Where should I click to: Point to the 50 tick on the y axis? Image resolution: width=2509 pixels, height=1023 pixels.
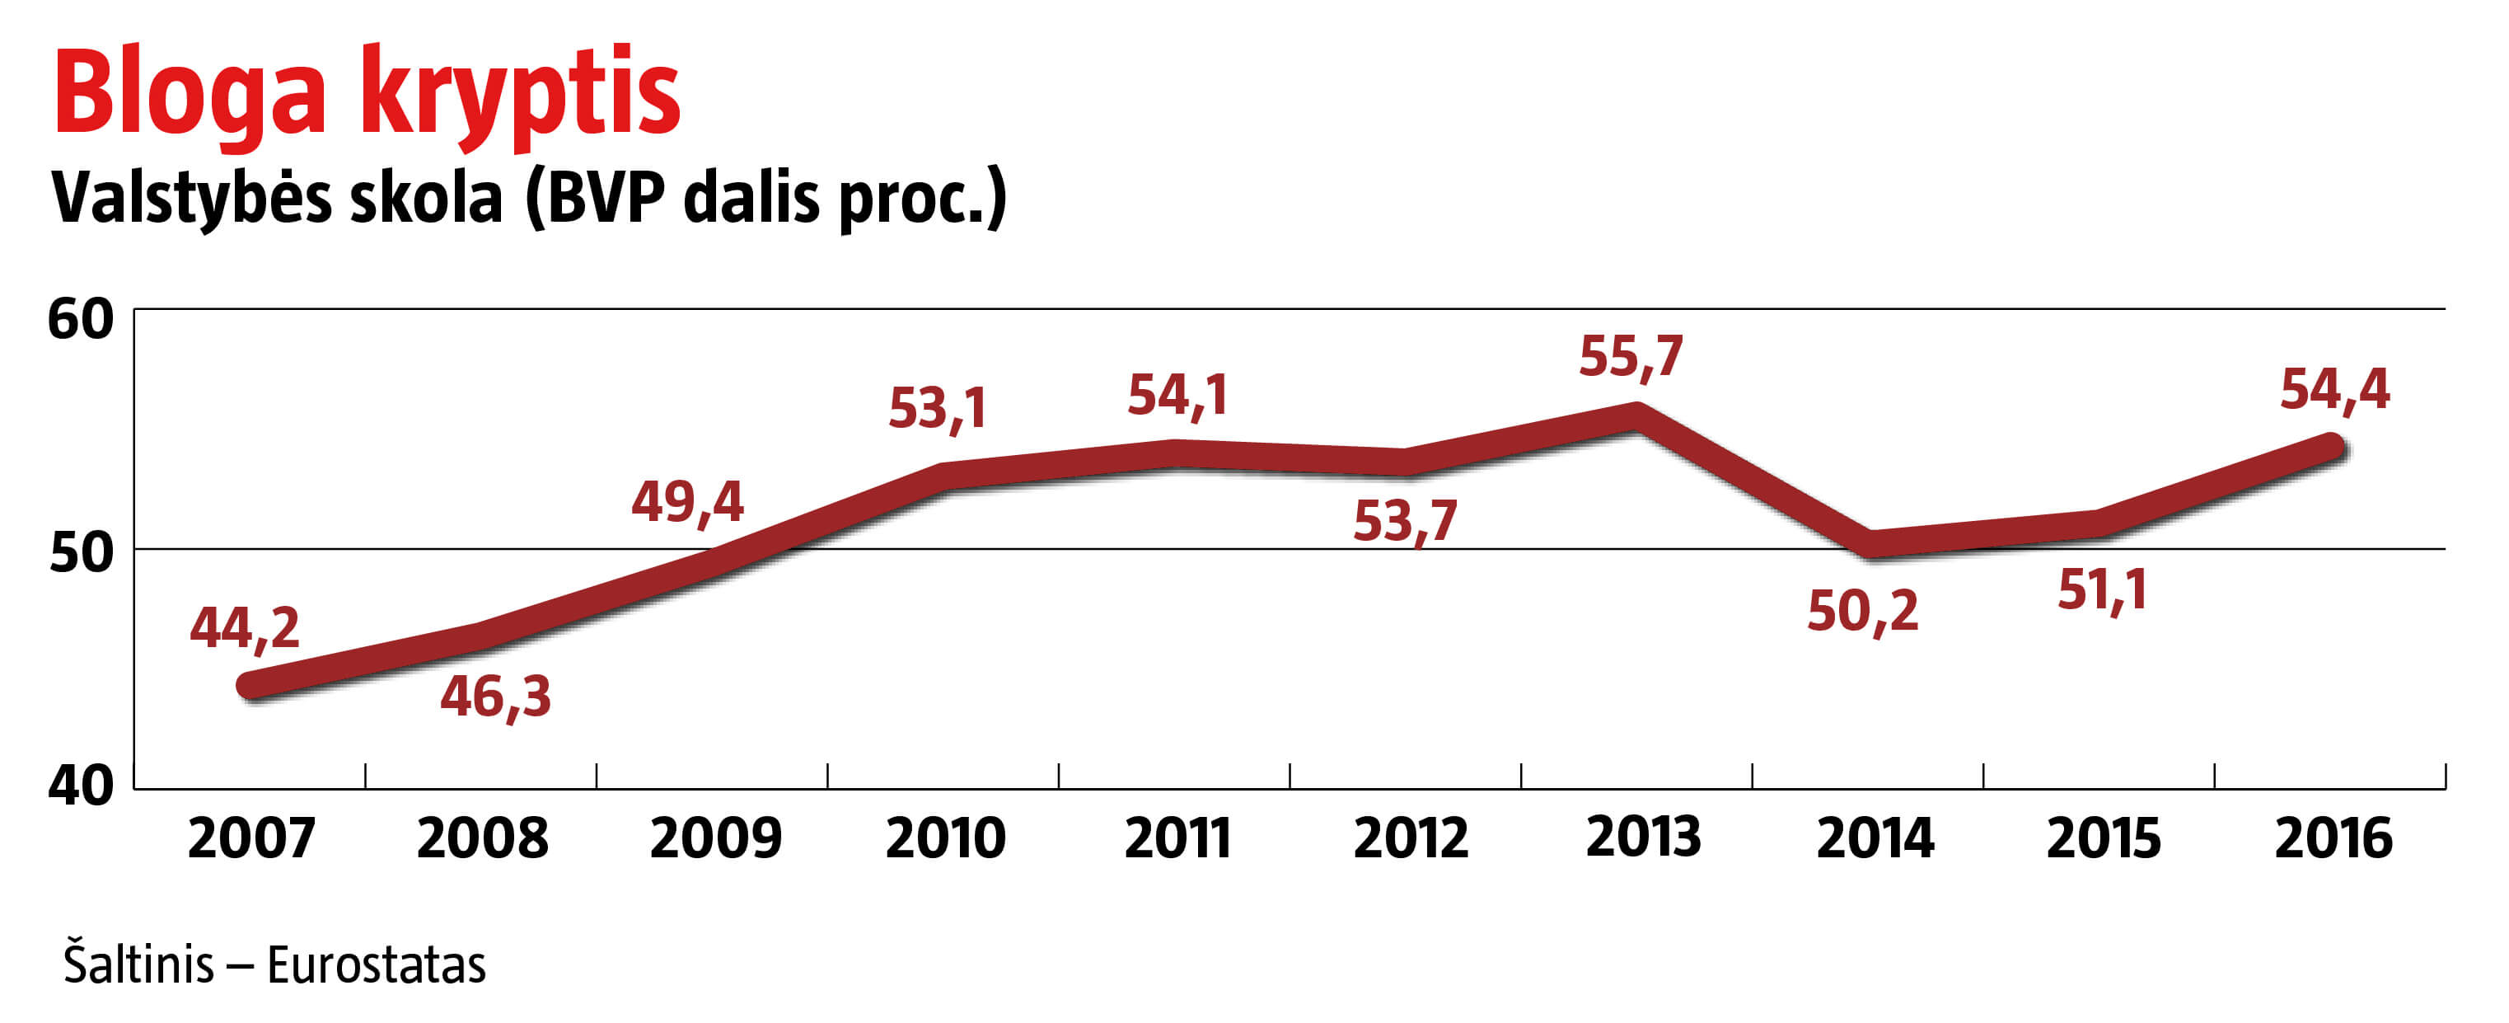click(x=81, y=552)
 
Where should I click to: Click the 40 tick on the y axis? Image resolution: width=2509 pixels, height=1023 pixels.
click(x=81, y=784)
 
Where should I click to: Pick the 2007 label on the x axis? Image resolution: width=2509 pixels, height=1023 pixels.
click(x=251, y=838)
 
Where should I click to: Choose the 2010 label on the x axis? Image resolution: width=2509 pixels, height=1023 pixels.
click(x=945, y=838)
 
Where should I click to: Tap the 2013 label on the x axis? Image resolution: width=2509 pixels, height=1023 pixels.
click(x=1643, y=837)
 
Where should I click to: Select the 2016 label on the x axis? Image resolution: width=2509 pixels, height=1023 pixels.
click(x=2333, y=838)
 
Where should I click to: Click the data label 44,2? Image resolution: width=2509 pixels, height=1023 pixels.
click(x=245, y=628)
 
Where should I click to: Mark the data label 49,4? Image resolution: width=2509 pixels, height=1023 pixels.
click(x=688, y=503)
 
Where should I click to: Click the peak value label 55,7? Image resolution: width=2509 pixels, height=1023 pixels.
click(x=1631, y=358)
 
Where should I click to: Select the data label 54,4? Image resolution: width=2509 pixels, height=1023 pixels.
click(x=2334, y=391)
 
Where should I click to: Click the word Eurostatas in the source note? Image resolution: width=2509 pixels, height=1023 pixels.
click(x=376, y=965)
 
